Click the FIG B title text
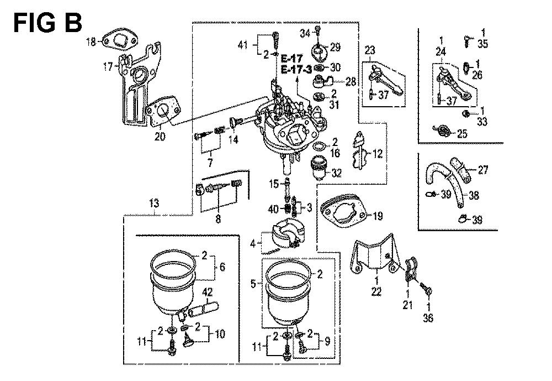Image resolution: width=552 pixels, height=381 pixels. (47, 23)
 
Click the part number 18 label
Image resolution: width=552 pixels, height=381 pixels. (91, 41)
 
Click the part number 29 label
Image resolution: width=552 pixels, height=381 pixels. (336, 45)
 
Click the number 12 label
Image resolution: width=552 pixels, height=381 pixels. (377, 154)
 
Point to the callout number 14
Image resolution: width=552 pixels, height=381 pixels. (234, 140)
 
